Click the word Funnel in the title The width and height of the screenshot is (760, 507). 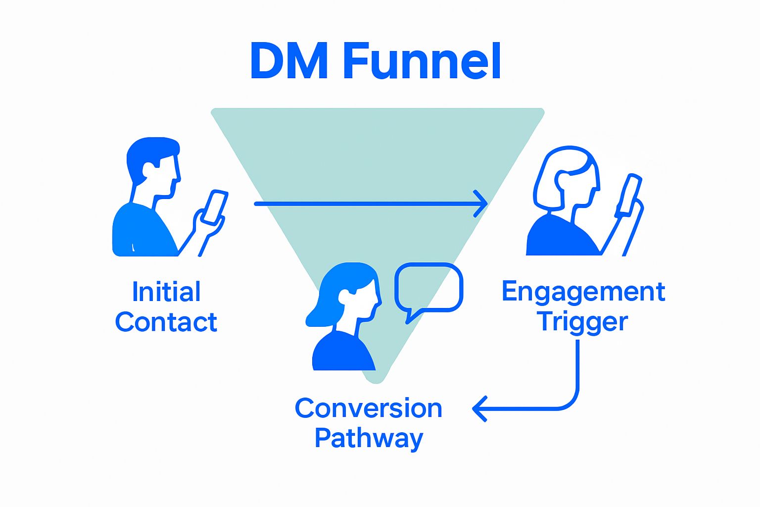point(422,61)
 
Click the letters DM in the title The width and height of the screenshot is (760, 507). point(289,61)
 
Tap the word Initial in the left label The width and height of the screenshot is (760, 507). point(166,292)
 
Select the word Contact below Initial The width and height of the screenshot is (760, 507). point(166,322)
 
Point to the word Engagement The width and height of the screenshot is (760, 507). point(583,292)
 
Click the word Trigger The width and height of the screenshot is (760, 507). point(583,322)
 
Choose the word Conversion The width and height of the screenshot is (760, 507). point(369,408)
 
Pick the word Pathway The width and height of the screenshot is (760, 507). point(369,439)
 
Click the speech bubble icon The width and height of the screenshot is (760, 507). point(428,289)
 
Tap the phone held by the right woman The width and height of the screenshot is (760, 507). point(629,195)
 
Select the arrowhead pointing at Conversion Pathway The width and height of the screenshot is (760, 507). point(478,409)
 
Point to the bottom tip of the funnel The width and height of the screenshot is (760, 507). point(376,379)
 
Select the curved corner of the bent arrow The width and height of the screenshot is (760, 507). point(571,403)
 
